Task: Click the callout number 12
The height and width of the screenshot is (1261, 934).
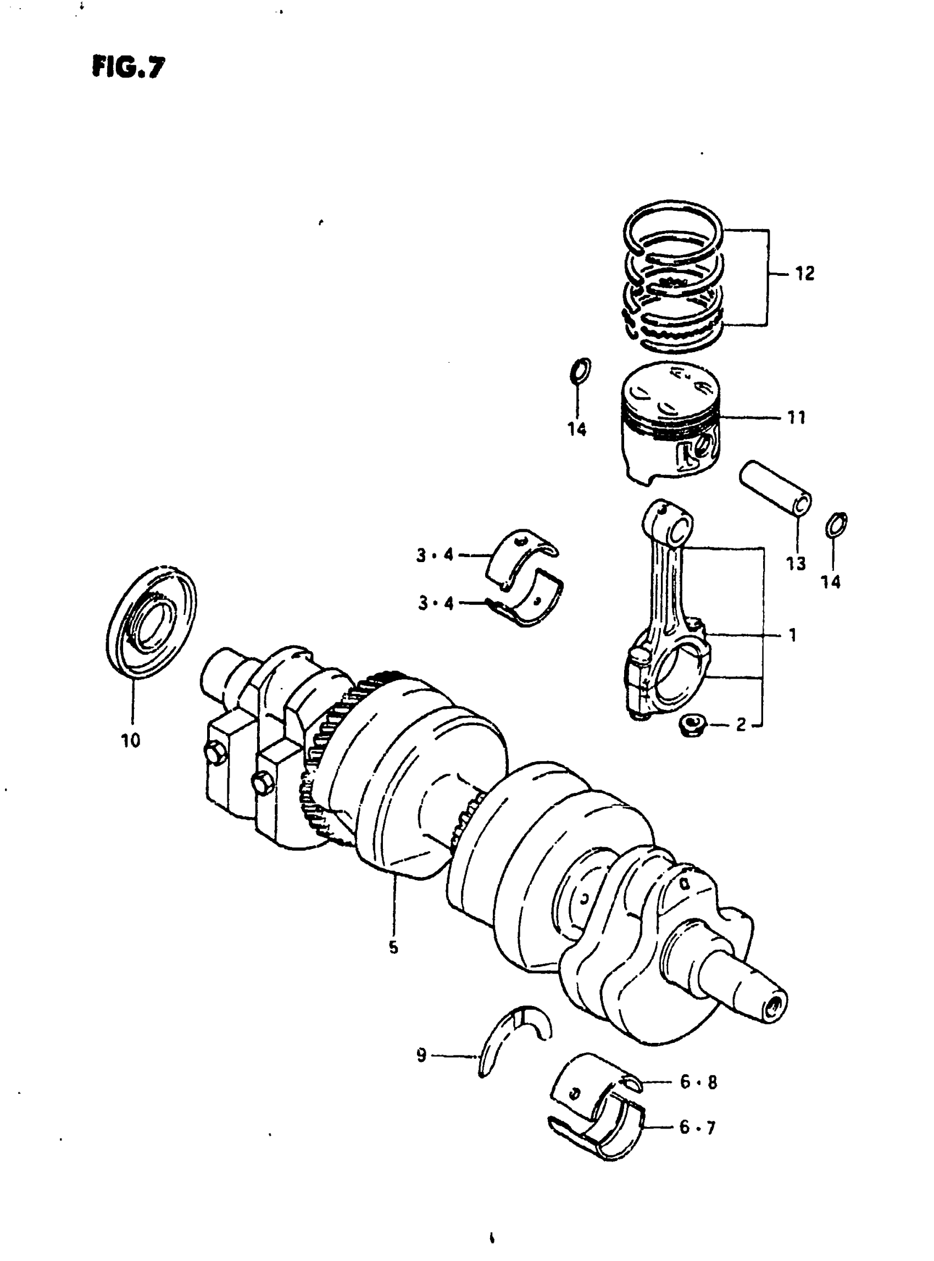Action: click(804, 274)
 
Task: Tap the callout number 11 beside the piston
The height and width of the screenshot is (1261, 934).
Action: click(796, 418)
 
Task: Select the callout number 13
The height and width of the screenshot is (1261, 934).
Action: click(796, 563)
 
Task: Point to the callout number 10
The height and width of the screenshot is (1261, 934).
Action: click(131, 740)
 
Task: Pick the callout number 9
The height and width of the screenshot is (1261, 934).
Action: click(421, 1055)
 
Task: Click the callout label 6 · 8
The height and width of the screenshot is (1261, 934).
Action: click(698, 1082)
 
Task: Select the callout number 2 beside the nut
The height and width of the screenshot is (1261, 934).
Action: click(741, 724)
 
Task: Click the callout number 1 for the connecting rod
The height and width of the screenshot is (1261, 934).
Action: click(793, 635)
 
